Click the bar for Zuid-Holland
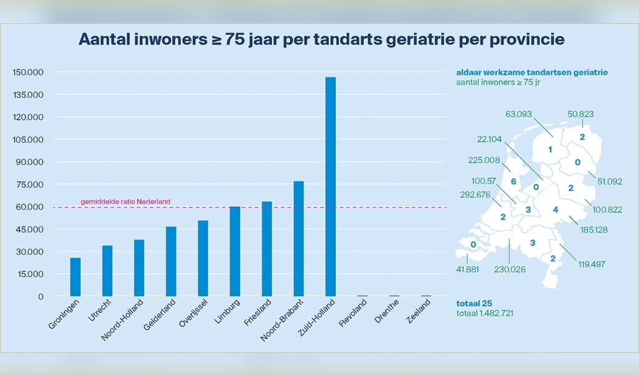(331, 187)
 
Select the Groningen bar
(76, 277)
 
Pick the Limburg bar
(235, 251)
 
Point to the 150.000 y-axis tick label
(28, 72)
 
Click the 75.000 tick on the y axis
(30, 185)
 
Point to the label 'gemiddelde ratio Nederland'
(125, 201)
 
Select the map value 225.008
(484, 160)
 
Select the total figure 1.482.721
(485, 313)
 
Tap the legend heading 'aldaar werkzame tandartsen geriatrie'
(532, 72)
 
